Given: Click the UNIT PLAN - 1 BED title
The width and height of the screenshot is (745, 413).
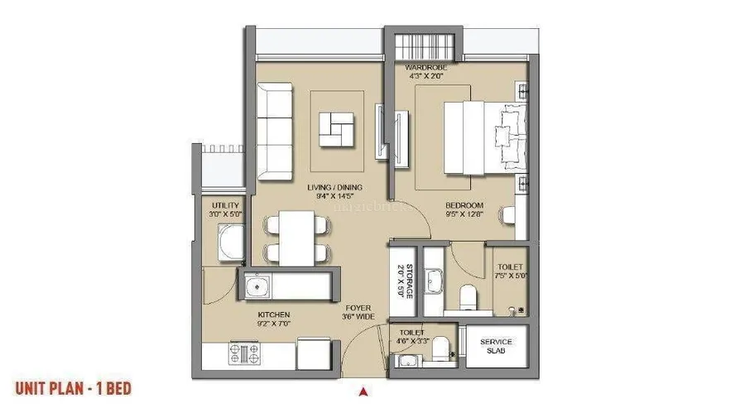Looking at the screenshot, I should click(73, 387).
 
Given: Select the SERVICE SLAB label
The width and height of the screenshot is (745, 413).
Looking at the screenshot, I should click(496, 346).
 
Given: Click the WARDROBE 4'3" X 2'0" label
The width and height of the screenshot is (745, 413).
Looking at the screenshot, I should click(426, 70).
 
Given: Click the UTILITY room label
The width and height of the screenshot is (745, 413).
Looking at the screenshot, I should click(225, 210).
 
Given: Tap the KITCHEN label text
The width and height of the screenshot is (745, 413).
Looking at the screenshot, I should click(273, 320).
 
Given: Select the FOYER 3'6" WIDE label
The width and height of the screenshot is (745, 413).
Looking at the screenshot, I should click(358, 312).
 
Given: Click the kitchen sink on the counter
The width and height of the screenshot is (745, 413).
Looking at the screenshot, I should click(258, 286).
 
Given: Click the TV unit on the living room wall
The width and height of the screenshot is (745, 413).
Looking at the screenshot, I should click(379, 130).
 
